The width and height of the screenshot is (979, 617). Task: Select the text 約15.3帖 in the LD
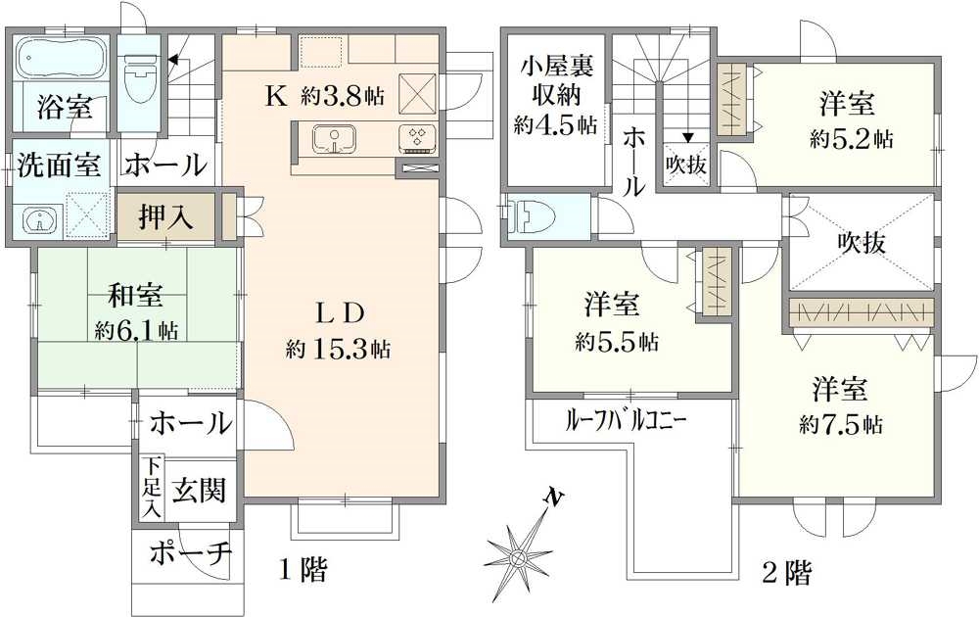pyautogui.click(x=340, y=348)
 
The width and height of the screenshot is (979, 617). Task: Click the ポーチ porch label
pyautogui.click(x=191, y=554)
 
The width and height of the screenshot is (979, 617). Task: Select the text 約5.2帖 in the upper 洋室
pyautogui.click(x=850, y=139)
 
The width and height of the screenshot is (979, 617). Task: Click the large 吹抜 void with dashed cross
pyautogui.click(x=861, y=242)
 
